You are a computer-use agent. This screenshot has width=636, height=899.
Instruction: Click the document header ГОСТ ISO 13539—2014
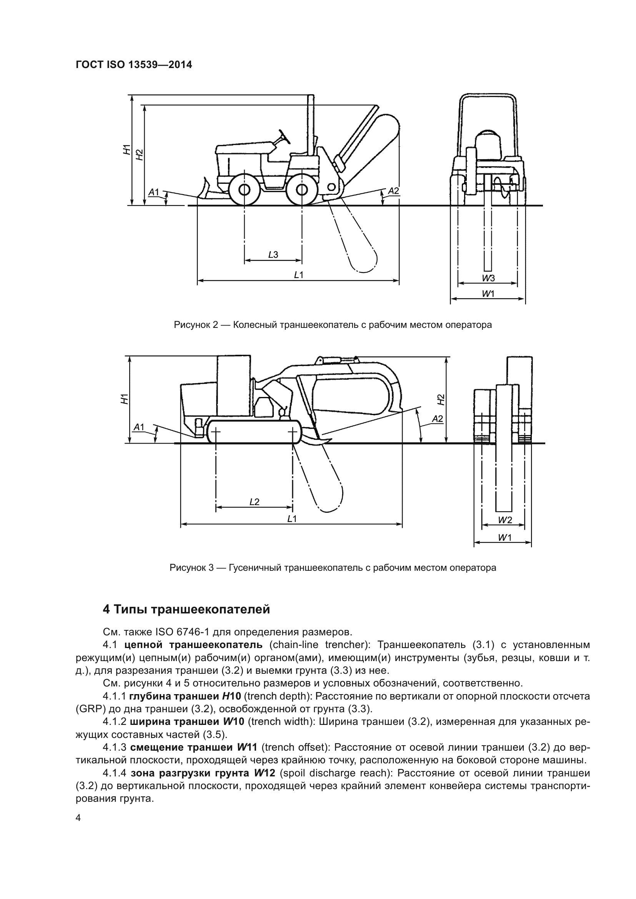click(133, 65)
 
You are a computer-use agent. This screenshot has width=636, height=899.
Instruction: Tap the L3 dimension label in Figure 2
click(273, 255)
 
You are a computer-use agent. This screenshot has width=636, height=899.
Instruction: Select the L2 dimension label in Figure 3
click(255, 502)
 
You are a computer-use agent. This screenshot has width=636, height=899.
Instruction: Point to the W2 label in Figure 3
click(505, 520)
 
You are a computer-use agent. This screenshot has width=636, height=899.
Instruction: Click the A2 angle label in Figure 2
click(393, 191)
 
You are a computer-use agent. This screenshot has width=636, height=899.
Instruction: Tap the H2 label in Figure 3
click(441, 399)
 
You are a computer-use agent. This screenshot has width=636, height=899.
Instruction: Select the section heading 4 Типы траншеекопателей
click(186, 609)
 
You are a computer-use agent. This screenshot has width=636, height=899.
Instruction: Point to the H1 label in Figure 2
click(126, 150)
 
